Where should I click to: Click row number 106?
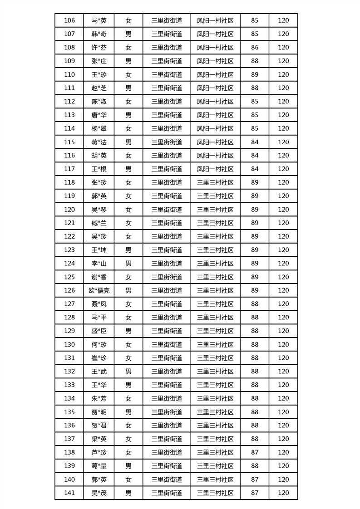pyautogui.click(x=69, y=20)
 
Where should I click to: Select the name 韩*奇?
pyautogui.click(x=99, y=34)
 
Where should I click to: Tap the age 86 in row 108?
pyautogui.click(x=255, y=47)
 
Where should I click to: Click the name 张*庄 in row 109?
pyautogui.click(x=99, y=61)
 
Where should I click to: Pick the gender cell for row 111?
pyautogui.click(x=128, y=88)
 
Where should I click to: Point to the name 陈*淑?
pyautogui.click(x=99, y=101)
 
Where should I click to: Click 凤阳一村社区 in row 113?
pyautogui.click(x=215, y=115)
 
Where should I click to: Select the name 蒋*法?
pyautogui.click(x=99, y=142)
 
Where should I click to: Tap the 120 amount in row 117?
pyautogui.click(x=283, y=169)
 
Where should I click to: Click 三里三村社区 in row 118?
pyautogui.click(x=215, y=182)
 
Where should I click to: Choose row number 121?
pyautogui.click(x=69, y=223)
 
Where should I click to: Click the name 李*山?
pyautogui.click(x=99, y=264)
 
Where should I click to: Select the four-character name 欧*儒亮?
pyautogui.click(x=99, y=290)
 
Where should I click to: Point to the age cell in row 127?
pyautogui.click(x=255, y=304)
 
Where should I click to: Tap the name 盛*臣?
pyautogui.click(x=99, y=331)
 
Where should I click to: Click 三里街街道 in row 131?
pyautogui.click(x=167, y=358)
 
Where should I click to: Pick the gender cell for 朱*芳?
pyautogui.click(x=128, y=398)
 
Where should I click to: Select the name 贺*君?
pyautogui.click(x=99, y=426)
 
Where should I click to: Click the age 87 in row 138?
pyautogui.click(x=255, y=452)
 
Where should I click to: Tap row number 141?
pyautogui.click(x=69, y=493)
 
